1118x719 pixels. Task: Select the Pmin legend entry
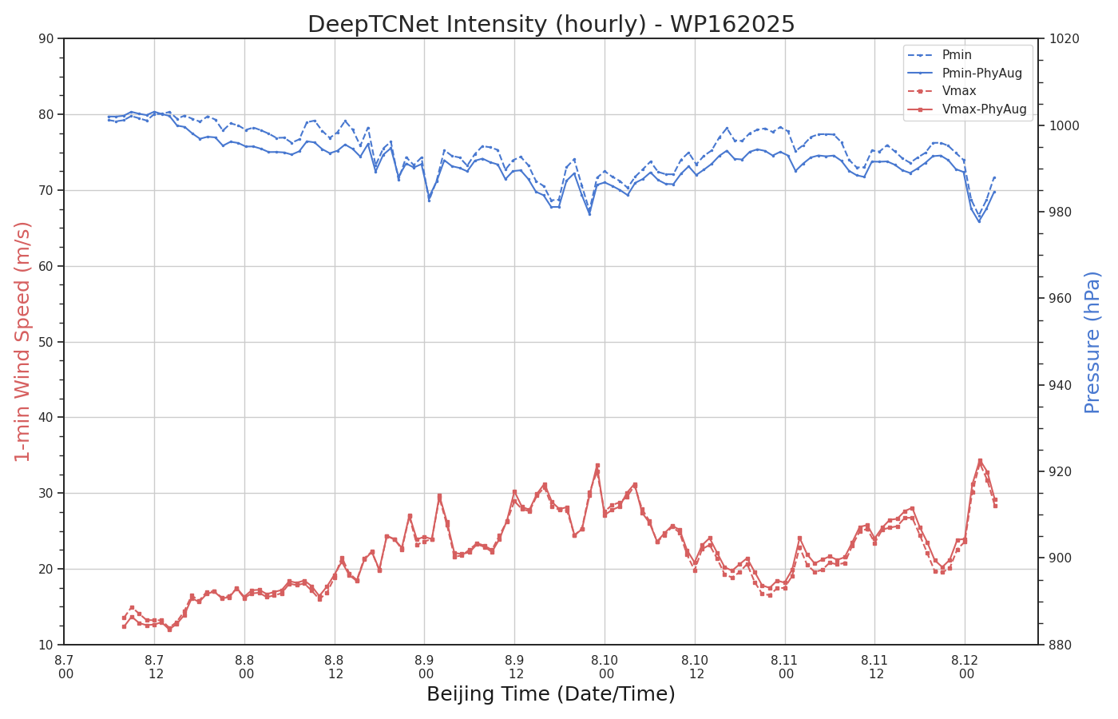[x=957, y=54]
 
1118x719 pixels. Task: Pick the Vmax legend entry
[x=959, y=91]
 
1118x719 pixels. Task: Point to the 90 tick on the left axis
[x=46, y=38]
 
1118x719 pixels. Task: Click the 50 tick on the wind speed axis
[x=46, y=342]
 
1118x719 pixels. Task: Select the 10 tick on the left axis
[x=46, y=646]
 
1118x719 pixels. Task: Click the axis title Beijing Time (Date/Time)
[x=551, y=694]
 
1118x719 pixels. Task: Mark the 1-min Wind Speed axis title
[x=22, y=342]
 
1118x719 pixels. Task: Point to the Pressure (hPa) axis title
[x=1092, y=343]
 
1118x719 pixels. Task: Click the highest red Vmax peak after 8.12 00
[x=980, y=460]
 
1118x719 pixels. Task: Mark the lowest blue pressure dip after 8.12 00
[x=979, y=221]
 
